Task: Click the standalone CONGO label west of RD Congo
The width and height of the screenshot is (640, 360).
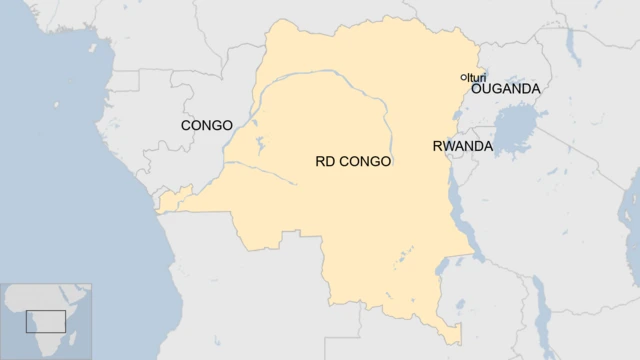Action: click(x=206, y=126)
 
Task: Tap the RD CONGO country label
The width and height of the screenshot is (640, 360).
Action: click(x=353, y=160)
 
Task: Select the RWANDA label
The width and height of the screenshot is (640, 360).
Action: click(x=462, y=146)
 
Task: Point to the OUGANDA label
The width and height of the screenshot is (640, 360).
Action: click(x=505, y=89)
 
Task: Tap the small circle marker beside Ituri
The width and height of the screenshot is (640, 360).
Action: click(x=463, y=77)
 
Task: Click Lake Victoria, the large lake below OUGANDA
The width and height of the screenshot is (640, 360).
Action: click(x=517, y=130)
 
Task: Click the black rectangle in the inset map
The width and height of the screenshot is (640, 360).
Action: click(x=45, y=322)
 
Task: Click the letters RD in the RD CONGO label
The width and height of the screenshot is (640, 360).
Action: click(x=326, y=160)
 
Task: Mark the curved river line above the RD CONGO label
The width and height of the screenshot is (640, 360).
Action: click(x=330, y=95)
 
